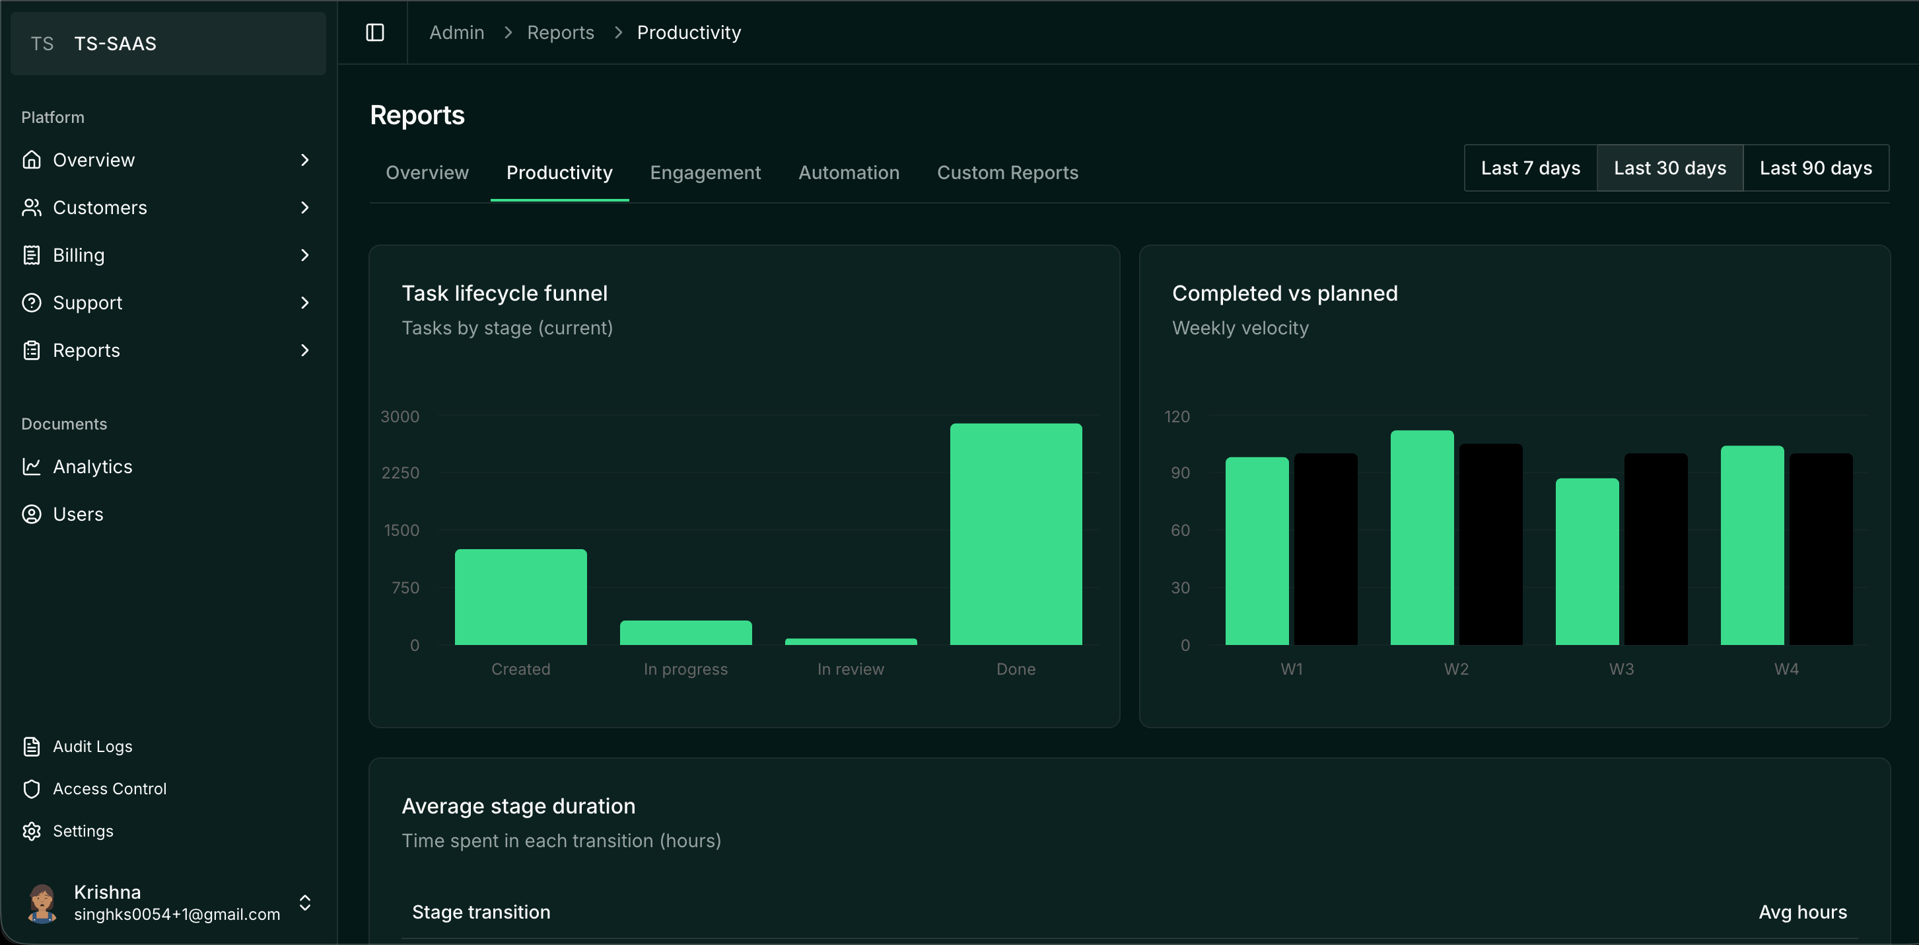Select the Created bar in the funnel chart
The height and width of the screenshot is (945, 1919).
(x=521, y=597)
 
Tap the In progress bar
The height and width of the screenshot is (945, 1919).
(x=685, y=632)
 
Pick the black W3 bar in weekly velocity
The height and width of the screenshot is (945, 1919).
(x=1656, y=549)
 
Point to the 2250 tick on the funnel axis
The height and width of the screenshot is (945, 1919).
(x=400, y=472)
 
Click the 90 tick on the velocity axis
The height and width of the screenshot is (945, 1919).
(x=1180, y=472)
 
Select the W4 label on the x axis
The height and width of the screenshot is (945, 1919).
(x=1786, y=669)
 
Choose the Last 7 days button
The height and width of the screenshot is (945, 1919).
(x=1530, y=168)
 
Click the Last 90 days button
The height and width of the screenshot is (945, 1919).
(x=1815, y=168)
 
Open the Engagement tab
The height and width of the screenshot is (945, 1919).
(x=705, y=172)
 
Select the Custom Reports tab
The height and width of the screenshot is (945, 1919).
(x=1007, y=172)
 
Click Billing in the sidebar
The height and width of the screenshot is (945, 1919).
(x=78, y=255)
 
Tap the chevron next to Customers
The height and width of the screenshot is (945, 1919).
(x=304, y=208)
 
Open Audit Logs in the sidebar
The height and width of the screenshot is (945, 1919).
(x=92, y=746)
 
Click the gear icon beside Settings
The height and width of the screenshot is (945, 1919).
(x=31, y=831)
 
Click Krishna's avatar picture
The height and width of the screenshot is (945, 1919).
(x=42, y=903)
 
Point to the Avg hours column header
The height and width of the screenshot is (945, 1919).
(x=1802, y=911)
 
